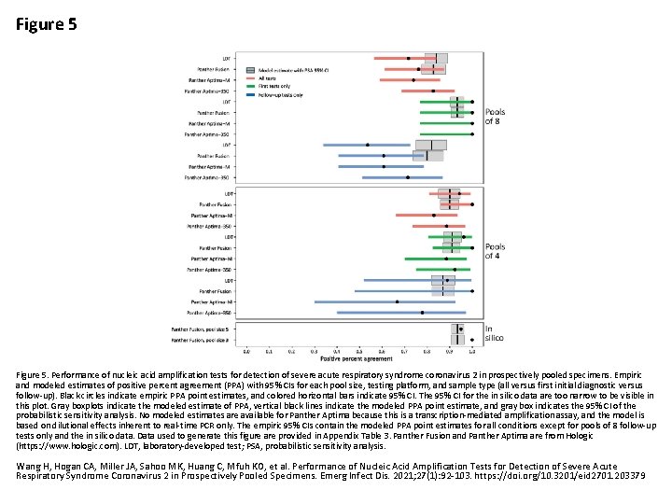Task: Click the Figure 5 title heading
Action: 46,24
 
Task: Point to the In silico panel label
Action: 494,333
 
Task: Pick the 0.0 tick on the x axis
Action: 246,352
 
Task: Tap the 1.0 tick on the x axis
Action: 472,352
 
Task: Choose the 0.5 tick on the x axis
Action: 359,352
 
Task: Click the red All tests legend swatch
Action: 251,78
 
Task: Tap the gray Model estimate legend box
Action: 251,70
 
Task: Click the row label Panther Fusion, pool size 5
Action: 206,329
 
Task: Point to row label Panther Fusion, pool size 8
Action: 206,339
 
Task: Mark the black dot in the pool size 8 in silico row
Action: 461,339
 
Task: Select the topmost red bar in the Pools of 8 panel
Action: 411,59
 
